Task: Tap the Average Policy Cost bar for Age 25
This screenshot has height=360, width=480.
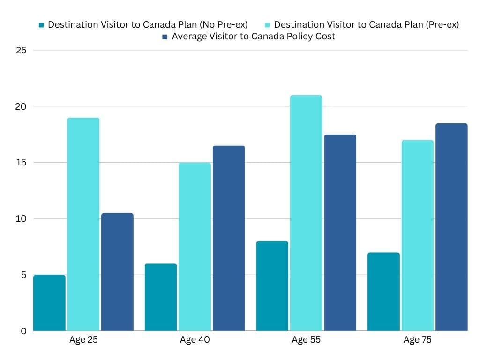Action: (x=117, y=272)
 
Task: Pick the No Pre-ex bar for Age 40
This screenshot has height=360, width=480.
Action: (x=161, y=297)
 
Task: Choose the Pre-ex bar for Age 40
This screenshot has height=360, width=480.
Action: (x=195, y=247)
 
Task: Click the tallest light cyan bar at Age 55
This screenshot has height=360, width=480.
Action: (x=306, y=213)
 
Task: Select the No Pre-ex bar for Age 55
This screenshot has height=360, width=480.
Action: (x=272, y=286)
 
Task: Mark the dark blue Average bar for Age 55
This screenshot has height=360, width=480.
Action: (x=340, y=232)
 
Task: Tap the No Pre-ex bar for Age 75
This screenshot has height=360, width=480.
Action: (x=384, y=292)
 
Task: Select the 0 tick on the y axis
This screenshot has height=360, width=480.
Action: (x=23, y=331)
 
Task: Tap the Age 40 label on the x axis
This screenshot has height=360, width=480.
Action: (x=195, y=340)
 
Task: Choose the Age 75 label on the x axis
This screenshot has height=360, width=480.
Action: (x=418, y=340)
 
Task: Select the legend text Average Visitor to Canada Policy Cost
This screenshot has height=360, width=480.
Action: (x=253, y=37)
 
